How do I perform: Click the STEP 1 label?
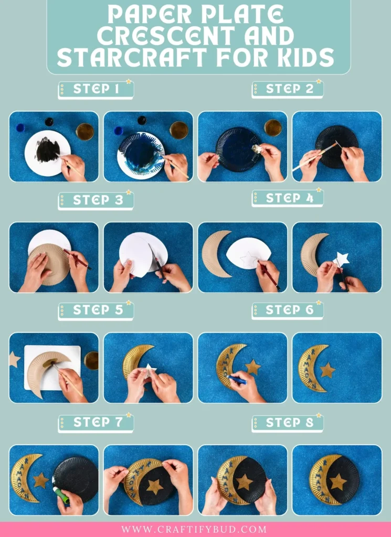96,89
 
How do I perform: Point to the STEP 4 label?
290,198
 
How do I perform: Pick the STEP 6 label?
290,310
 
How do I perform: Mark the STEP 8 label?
290,423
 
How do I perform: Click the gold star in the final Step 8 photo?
338,481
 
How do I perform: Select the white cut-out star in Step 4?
342,259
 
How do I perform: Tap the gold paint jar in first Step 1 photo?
84,131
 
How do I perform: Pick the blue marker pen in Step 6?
237,380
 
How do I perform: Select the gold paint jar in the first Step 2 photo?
272,127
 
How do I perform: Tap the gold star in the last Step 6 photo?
327,370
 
